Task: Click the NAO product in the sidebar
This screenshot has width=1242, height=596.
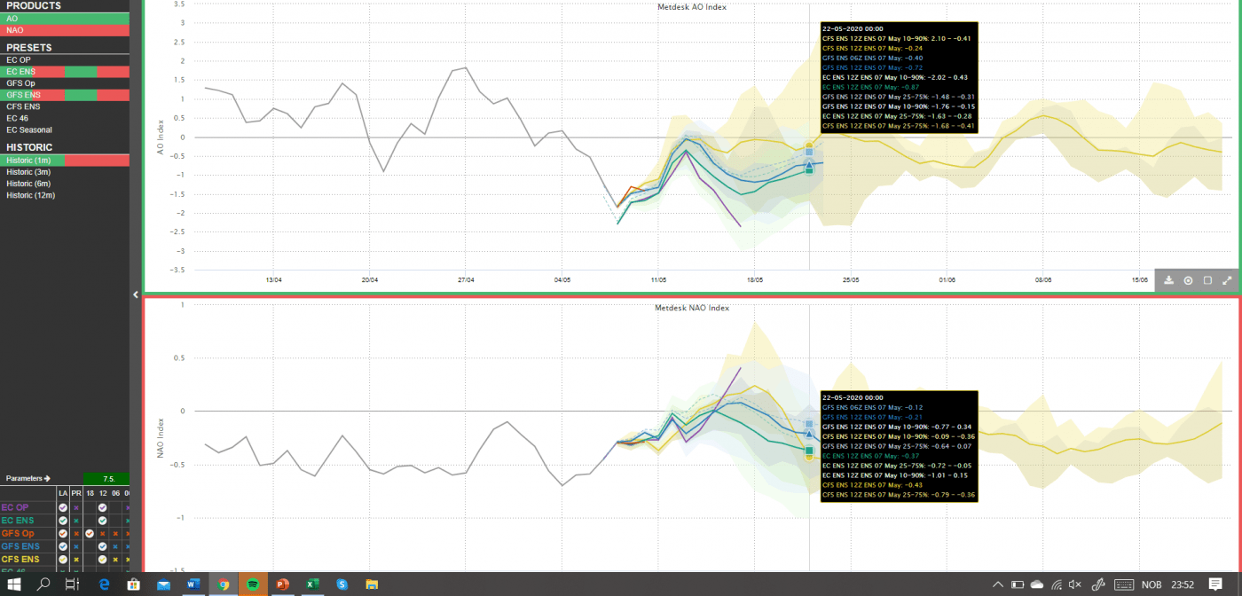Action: click(15, 30)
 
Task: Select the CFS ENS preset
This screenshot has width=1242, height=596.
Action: click(22, 106)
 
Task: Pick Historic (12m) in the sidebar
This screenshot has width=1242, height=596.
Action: click(30, 195)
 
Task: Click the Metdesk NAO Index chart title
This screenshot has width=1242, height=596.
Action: click(692, 308)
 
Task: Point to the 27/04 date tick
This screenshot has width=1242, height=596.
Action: click(466, 279)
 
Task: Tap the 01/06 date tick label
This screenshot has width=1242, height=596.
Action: click(947, 279)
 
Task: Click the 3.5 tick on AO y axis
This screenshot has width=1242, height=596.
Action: click(179, 4)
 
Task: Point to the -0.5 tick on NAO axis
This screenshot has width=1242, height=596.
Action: click(177, 464)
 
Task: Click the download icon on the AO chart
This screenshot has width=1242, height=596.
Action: click(1169, 280)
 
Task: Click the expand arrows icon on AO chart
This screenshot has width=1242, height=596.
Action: click(1228, 280)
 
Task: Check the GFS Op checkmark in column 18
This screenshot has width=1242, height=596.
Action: click(90, 534)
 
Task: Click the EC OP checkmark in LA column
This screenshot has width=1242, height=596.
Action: click(63, 507)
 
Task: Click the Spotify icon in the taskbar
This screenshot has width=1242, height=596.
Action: click(253, 584)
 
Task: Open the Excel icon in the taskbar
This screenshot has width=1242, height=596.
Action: click(312, 584)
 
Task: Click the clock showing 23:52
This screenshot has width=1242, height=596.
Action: click(1182, 584)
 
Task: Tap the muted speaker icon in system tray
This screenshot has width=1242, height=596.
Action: click(1075, 584)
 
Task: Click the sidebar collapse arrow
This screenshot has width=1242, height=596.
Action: click(136, 294)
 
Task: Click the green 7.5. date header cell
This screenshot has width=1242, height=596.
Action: click(107, 479)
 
